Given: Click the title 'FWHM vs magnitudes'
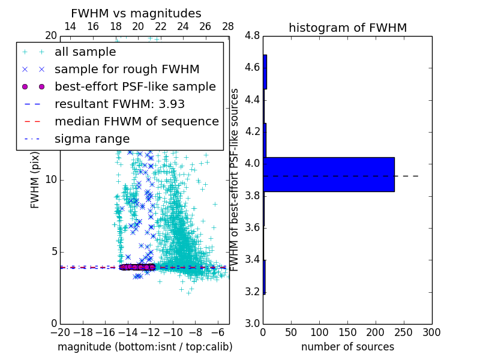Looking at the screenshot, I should pyautogui.click(x=136, y=14).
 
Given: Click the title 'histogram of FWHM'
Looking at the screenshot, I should pyautogui.click(x=347, y=28).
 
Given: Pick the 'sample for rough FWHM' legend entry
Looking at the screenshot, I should pyautogui.click(x=127, y=70).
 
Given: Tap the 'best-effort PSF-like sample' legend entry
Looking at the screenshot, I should pyautogui.click(x=135, y=86).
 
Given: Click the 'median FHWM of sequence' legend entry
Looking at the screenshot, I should pyautogui.click(x=136, y=121).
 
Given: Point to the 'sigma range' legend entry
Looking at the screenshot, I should pyautogui.click(x=92, y=139).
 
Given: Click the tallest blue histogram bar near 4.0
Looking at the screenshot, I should pyautogui.click(x=329, y=175).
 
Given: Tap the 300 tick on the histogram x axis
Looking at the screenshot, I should pyautogui.click(x=431, y=332).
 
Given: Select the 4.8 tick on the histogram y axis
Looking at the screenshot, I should pyautogui.click(x=253, y=36).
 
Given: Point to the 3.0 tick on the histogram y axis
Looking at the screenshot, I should pyautogui.click(x=253, y=324).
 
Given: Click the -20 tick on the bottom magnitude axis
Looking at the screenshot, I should pyautogui.click(x=60, y=332).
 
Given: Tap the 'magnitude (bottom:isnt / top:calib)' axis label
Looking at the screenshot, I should pyautogui.click(x=145, y=347).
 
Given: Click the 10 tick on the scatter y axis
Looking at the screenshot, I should pyautogui.click(x=52, y=180).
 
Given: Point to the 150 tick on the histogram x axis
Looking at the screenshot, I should pyautogui.click(x=347, y=332).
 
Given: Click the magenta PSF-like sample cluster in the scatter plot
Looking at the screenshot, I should pyautogui.click(x=137, y=267).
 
